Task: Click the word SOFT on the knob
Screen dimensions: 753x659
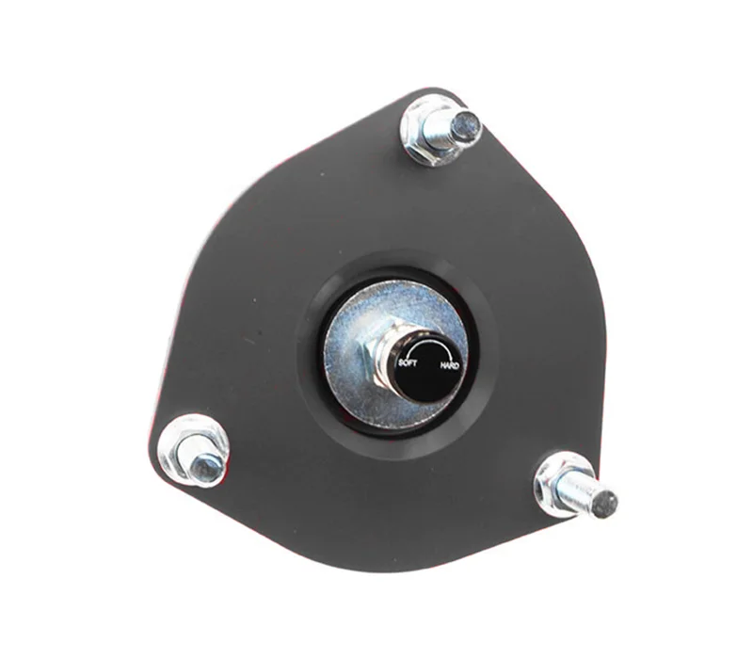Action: pos(408,362)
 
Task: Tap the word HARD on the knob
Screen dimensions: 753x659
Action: pos(450,366)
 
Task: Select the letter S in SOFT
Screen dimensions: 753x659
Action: pos(402,362)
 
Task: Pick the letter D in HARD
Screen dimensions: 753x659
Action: pos(457,366)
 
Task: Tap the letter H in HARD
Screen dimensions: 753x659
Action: pos(442,365)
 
